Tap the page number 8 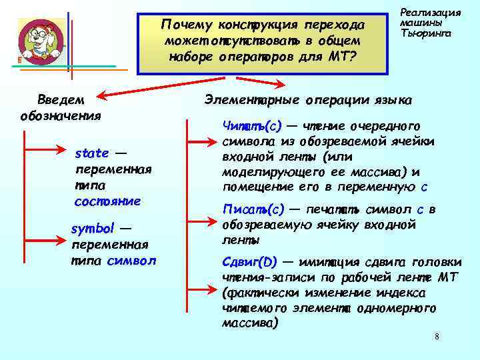(437, 336)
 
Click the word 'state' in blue (91, 153)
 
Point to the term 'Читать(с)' (252, 125)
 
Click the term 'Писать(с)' (253, 210)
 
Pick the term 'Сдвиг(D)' (250, 261)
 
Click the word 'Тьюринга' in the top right (425, 33)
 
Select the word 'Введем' (61, 99)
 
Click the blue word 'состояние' (107, 201)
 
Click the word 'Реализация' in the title (430, 12)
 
